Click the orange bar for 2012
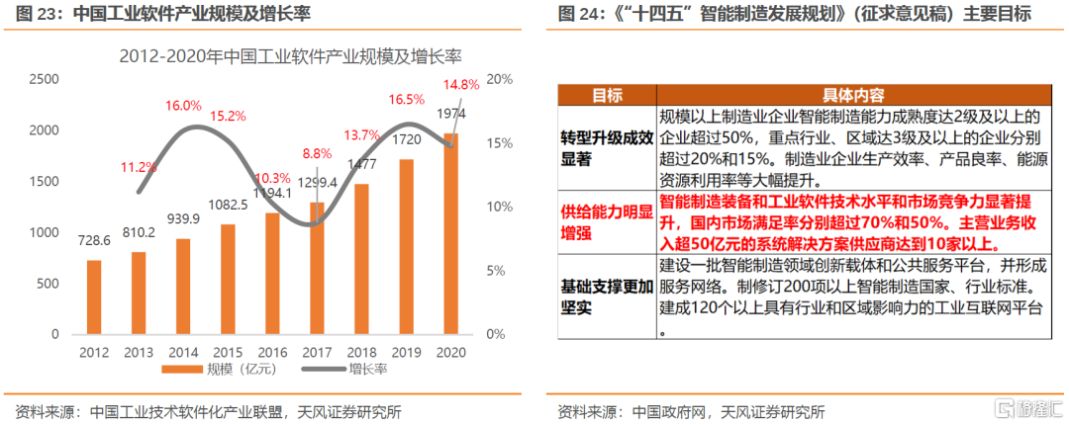[94, 297]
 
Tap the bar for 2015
[228, 280]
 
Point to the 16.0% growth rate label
[183, 105]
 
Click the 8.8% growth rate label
[317, 153]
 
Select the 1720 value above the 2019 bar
[406, 140]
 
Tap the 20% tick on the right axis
[500, 79]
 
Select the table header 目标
[606, 96]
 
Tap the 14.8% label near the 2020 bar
[461, 84]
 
